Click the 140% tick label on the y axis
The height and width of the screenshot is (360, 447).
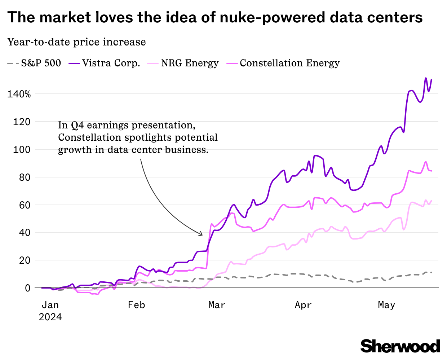[19, 95]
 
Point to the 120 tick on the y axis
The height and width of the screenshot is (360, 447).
[22, 122]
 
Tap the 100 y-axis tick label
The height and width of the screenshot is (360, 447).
[22, 150]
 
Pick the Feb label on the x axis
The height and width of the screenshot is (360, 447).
[136, 305]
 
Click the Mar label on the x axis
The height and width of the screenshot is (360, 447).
[217, 305]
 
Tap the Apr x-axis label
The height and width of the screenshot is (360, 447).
[303, 305]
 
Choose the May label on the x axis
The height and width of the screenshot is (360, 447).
[386, 305]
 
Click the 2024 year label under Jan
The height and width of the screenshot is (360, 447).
[50, 317]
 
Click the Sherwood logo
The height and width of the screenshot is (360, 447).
[400, 346]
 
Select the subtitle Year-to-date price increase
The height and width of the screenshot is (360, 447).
[76, 42]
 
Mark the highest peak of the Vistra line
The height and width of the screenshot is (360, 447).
[426, 78]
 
